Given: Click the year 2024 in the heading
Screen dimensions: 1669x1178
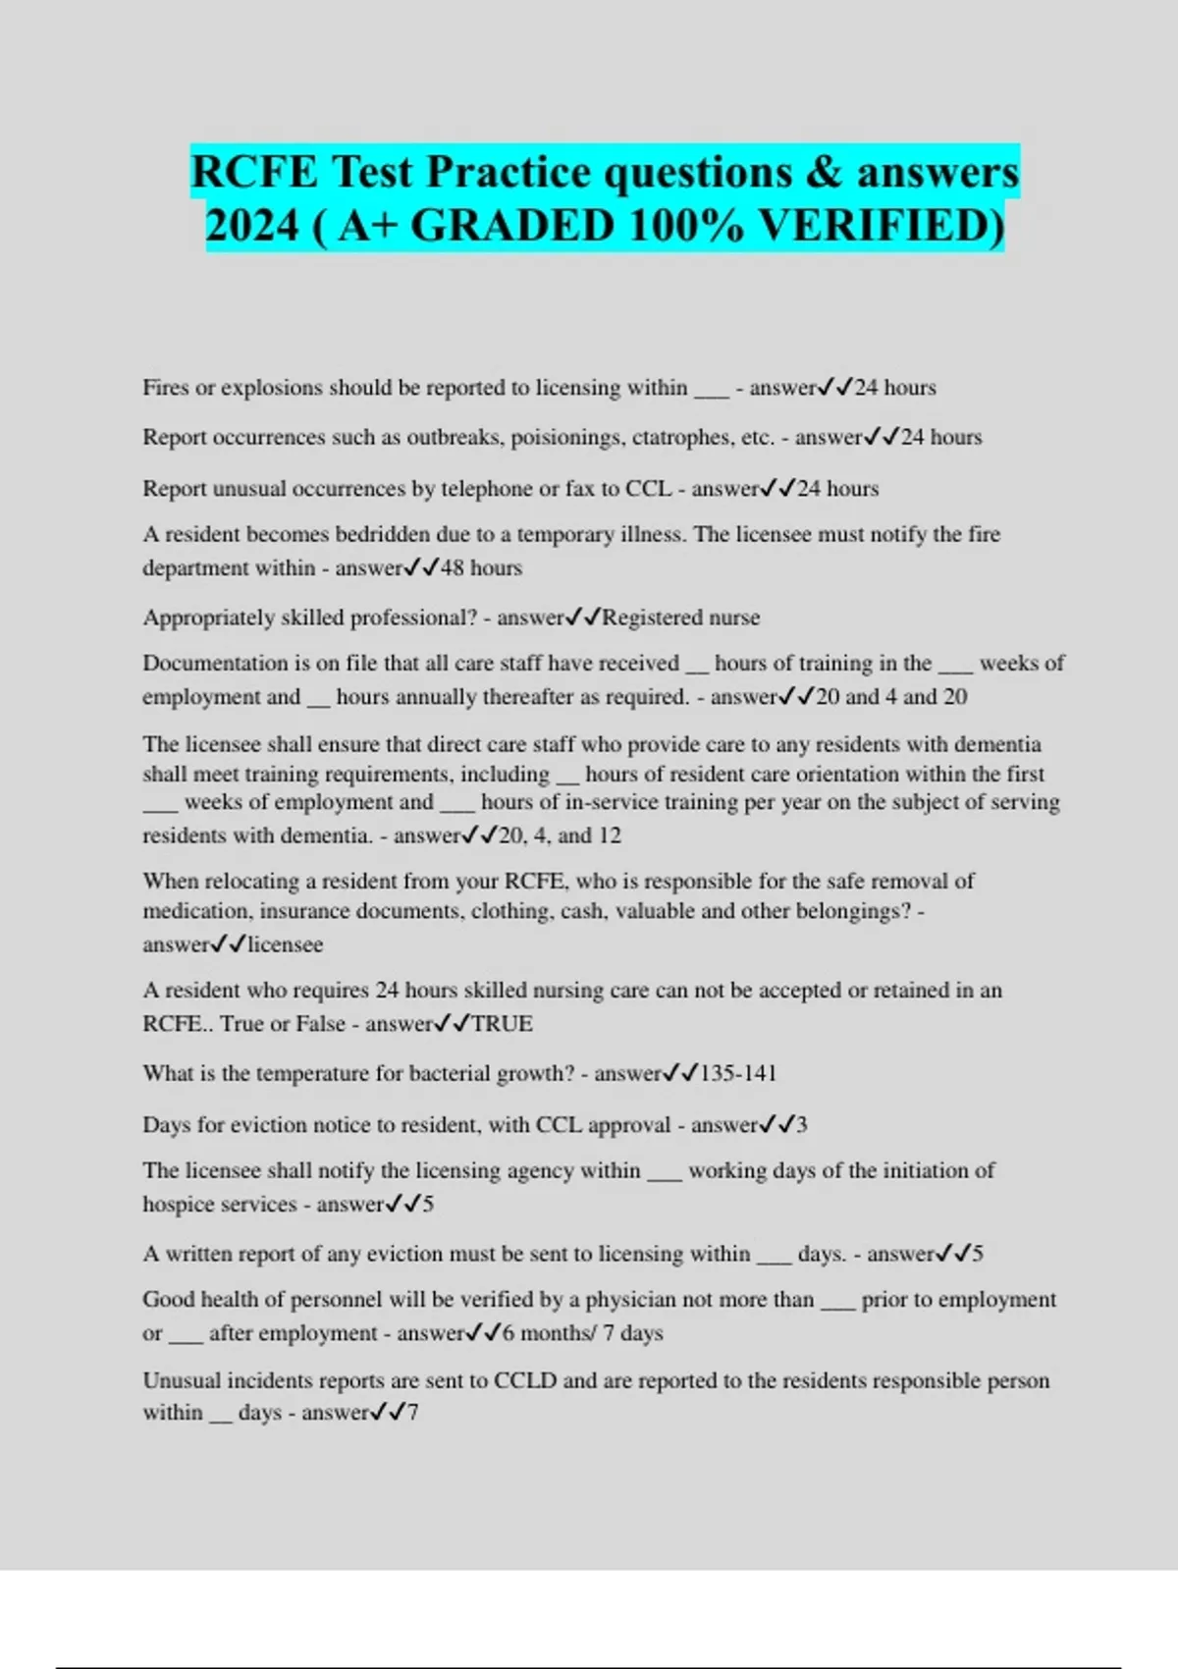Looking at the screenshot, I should (252, 226).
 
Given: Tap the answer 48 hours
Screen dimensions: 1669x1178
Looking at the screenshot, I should (481, 568).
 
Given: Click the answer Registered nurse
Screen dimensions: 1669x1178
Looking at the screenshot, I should (680, 618).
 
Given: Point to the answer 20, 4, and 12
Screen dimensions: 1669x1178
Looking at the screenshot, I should (560, 835).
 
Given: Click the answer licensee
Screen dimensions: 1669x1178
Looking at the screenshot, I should (285, 944).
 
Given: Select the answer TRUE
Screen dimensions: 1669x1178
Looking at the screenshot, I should (502, 1024).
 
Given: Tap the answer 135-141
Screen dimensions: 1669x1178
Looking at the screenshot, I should (737, 1073).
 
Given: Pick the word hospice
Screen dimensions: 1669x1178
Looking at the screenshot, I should (178, 1205).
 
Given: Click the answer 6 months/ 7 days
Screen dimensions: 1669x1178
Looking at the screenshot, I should (581, 1333).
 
